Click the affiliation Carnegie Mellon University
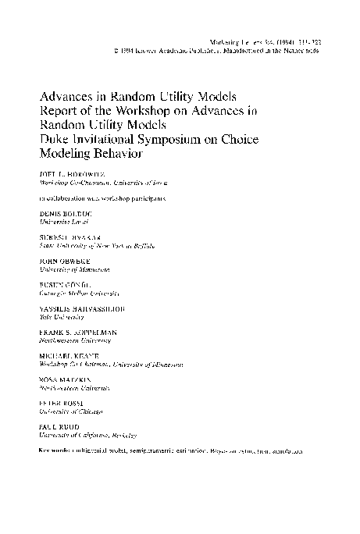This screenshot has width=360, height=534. click(x=79, y=294)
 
